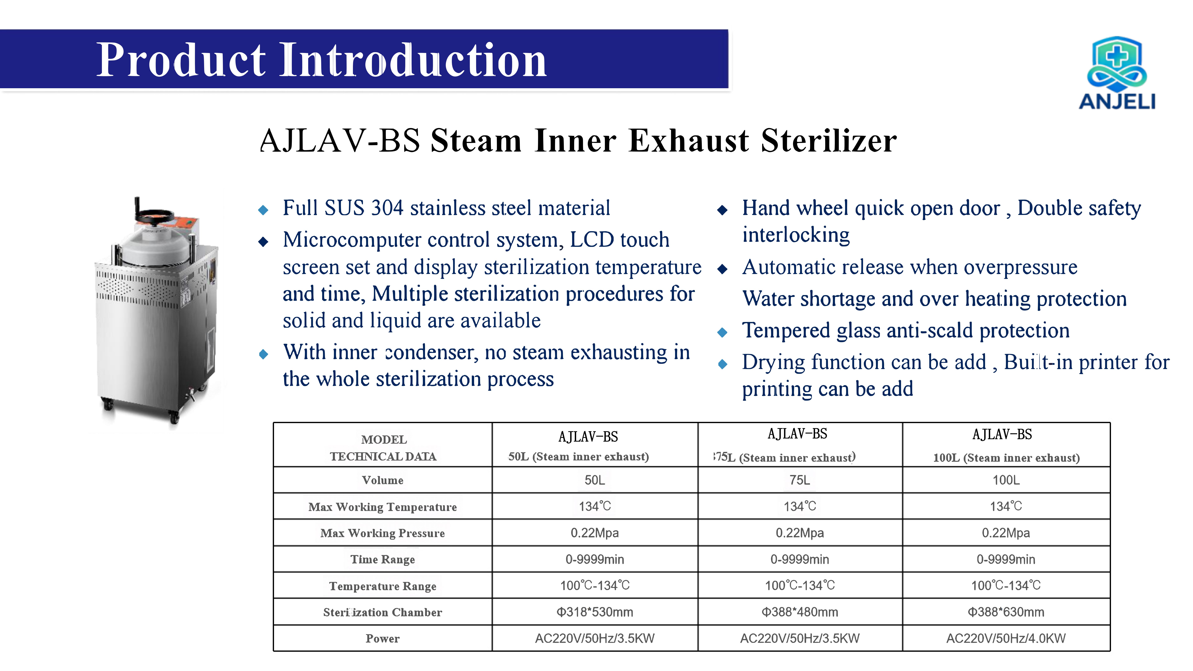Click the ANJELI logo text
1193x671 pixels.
tap(1117, 101)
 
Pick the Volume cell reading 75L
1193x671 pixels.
tap(800, 480)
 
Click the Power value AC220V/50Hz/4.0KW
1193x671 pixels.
tap(1006, 639)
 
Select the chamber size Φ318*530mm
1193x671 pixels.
tap(595, 612)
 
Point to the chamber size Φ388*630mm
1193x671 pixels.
tap(1006, 612)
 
